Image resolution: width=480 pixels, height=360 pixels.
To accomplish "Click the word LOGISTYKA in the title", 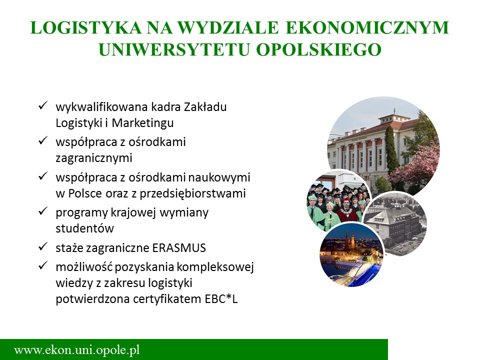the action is (86, 27).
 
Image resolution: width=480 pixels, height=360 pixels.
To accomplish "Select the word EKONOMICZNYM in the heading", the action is (367, 27).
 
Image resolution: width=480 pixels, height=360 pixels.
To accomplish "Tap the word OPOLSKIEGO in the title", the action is (318, 49).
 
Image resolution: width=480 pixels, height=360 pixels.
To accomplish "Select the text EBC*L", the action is (221, 299).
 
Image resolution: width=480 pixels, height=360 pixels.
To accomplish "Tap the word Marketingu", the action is (142, 123).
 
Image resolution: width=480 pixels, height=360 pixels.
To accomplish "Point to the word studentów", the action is (85, 228).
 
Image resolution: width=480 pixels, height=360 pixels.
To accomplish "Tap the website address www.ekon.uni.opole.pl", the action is (77, 349).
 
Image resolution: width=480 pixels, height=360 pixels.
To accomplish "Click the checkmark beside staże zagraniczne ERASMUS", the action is (42, 246).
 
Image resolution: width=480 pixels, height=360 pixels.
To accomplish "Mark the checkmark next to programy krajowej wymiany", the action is (42, 211).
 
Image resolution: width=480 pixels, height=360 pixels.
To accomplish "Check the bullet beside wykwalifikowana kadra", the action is (42, 106).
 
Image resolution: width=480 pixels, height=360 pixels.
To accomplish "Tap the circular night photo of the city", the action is (351, 254).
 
